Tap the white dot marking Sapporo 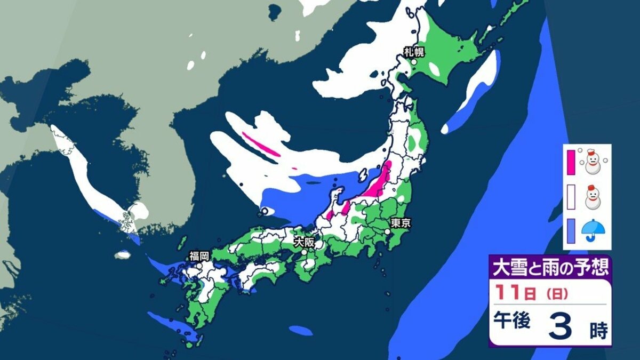(x=413, y=62)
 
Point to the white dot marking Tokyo (x=388, y=231)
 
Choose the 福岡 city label (x=198, y=257)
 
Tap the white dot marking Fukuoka (x=198, y=265)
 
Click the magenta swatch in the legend (x=571, y=162)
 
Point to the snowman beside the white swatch (x=591, y=196)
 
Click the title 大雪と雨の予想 (x=550, y=266)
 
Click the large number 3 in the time (x=560, y=326)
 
